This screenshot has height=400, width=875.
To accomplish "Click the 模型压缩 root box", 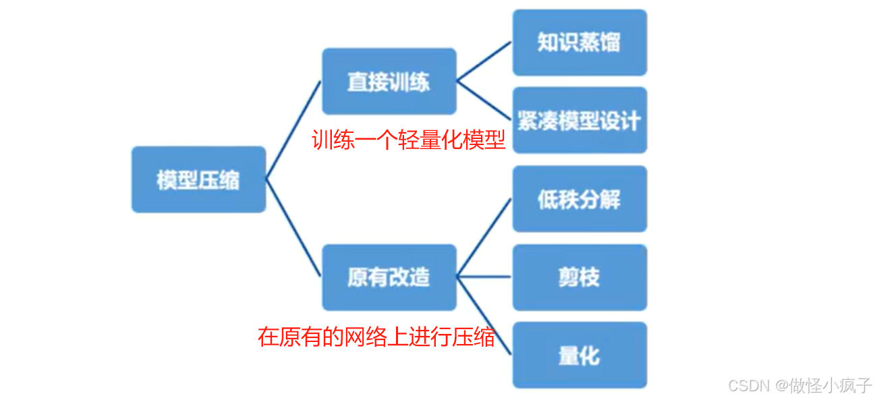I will point(198,179).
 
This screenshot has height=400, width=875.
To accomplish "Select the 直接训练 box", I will point(389,82).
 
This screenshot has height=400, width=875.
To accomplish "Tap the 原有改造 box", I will point(389,277).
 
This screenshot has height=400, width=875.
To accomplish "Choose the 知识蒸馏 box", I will point(579,42).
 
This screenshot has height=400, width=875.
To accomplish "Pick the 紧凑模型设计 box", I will point(579,121).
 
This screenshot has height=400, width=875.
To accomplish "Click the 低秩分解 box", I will point(579,199).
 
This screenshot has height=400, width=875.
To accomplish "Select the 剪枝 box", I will point(579,277).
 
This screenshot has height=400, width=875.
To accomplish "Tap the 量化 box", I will point(579,355).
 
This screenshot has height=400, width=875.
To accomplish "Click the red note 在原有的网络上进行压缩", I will point(376,336).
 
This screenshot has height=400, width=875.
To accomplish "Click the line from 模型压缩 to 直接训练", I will point(293,130).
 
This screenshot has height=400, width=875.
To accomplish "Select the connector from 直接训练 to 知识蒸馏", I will point(484,61).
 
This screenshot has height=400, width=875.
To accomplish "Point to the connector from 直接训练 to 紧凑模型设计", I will point(484,101).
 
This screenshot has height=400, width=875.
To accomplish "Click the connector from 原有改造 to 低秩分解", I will point(484,237).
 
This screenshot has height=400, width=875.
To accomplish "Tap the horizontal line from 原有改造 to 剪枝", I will point(484,277).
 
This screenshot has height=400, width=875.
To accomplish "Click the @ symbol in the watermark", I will point(781,385).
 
